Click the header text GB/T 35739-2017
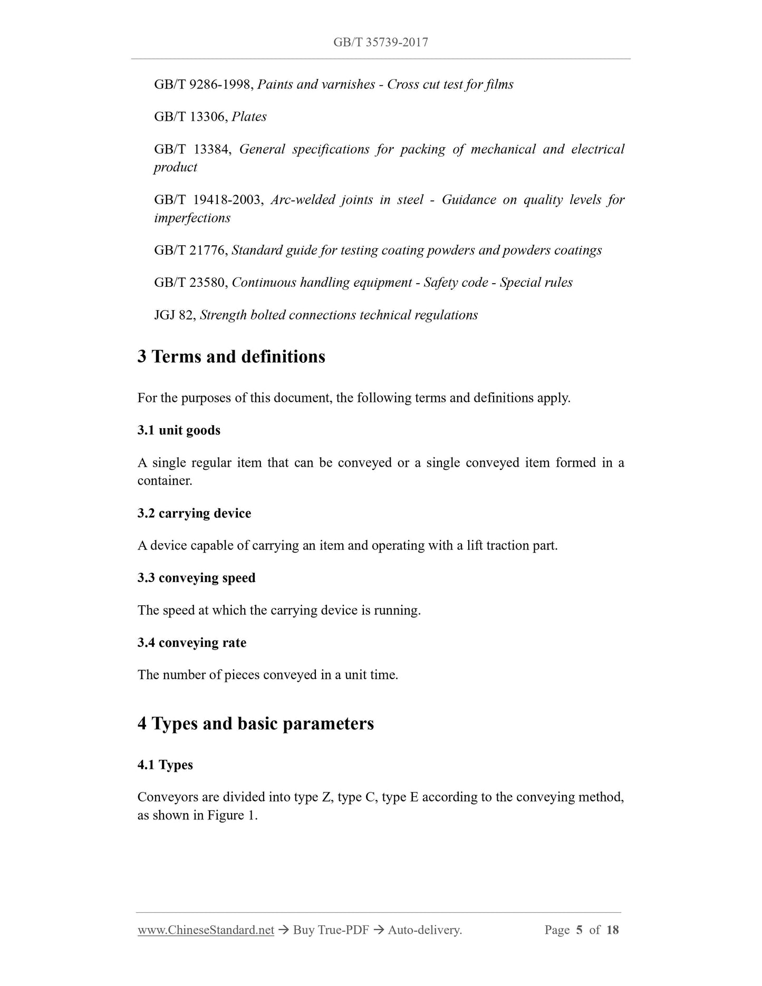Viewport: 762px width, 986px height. (x=380, y=42)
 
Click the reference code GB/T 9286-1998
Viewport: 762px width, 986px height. (x=202, y=84)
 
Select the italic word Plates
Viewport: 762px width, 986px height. (x=249, y=117)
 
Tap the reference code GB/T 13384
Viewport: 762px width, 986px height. (x=192, y=149)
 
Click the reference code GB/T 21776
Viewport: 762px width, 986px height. (x=190, y=250)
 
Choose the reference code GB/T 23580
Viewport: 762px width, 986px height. (x=190, y=283)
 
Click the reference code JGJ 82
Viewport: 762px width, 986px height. (x=175, y=315)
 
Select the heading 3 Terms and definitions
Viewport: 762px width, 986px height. (x=231, y=356)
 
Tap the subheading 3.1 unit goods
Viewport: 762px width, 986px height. (x=179, y=430)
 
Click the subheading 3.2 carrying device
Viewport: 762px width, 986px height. (x=194, y=513)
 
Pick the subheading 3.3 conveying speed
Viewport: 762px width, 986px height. (x=196, y=578)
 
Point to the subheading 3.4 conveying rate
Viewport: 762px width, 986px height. (x=192, y=643)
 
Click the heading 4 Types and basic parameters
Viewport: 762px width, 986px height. (x=255, y=723)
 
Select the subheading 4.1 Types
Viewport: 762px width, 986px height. (x=165, y=765)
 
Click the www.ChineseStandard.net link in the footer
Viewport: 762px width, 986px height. (x=206, y=930)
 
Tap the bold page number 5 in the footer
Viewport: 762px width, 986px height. (x=579, y=930)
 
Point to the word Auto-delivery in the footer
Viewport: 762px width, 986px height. (x=424, y=930)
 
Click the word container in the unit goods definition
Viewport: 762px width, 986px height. (x=164, y=481)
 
